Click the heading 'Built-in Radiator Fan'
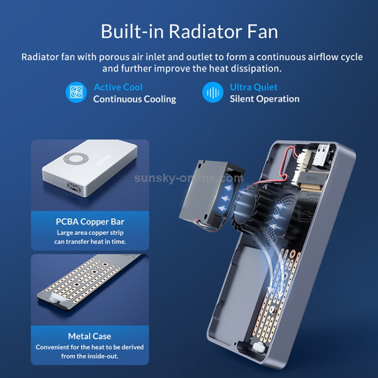(189, 31)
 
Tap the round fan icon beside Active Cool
(76, 92)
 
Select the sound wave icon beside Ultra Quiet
(213, 92)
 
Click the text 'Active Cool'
(118, 87)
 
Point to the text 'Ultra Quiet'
(254, 87)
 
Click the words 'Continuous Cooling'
(135, 99)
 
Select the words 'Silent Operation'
(265, 99)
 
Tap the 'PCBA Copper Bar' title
(90, 222)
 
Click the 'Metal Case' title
(89, 336)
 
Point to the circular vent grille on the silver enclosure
(76, 159)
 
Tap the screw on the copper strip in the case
(272, 308)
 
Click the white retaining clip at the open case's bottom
(259, 348)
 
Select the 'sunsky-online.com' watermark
(188, 178)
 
